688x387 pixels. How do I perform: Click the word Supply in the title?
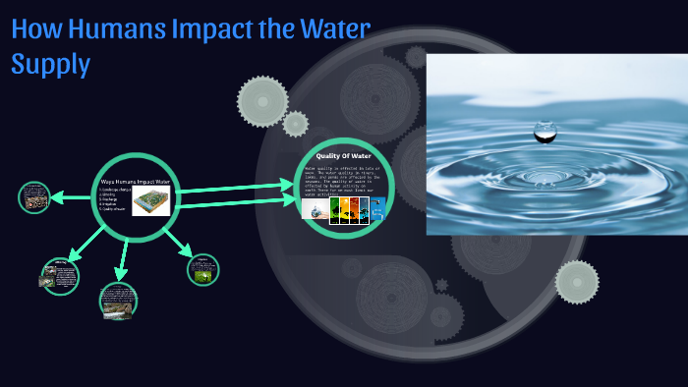50,65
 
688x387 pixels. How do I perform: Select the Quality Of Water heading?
343,156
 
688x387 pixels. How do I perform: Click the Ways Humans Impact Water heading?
136,182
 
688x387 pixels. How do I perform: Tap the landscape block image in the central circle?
151,201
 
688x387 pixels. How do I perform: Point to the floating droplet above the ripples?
544,129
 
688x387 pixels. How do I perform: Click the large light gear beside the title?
262,100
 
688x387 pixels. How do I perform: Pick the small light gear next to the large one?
295,124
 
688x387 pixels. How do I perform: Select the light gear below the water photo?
576,282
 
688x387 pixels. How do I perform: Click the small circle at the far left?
34,197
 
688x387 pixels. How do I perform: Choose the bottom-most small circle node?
118,300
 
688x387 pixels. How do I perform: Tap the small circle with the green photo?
202,269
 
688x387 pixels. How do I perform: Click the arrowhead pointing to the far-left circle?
57,198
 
